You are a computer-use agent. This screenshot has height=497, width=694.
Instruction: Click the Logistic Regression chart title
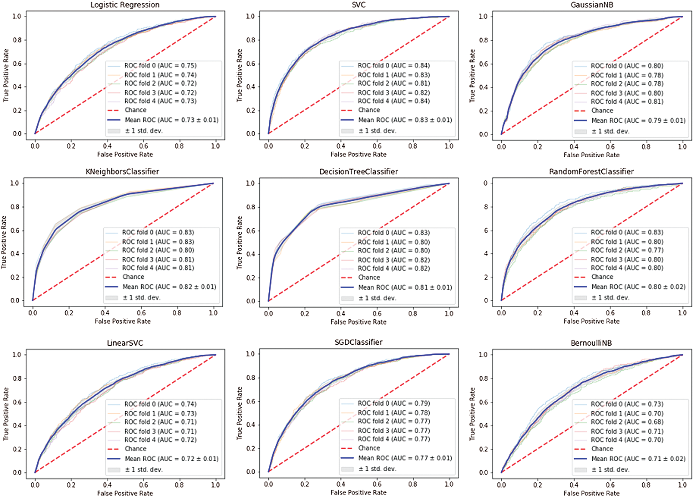125,5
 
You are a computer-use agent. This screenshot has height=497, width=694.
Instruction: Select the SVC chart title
358,5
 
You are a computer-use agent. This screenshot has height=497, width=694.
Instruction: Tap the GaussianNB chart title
592,5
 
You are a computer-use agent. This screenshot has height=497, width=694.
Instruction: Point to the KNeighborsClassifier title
122,172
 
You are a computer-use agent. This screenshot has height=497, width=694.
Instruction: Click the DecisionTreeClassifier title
358,172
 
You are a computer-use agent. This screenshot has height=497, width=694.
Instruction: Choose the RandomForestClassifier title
591,172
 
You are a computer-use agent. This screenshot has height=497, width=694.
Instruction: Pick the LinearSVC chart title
125,343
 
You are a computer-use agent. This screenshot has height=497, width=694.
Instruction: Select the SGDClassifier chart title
358,343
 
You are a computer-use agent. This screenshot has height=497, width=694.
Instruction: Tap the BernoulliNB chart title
591,343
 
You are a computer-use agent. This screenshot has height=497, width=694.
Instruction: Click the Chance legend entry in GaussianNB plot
602,111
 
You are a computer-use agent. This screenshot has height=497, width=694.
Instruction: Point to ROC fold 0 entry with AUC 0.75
160,66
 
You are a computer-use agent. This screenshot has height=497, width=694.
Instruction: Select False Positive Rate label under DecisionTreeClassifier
358,322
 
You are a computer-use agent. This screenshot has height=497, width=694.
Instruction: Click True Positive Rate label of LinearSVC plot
6,414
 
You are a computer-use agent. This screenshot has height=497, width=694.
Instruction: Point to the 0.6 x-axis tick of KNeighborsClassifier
141,313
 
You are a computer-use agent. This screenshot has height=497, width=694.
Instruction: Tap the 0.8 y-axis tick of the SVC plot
251,40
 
